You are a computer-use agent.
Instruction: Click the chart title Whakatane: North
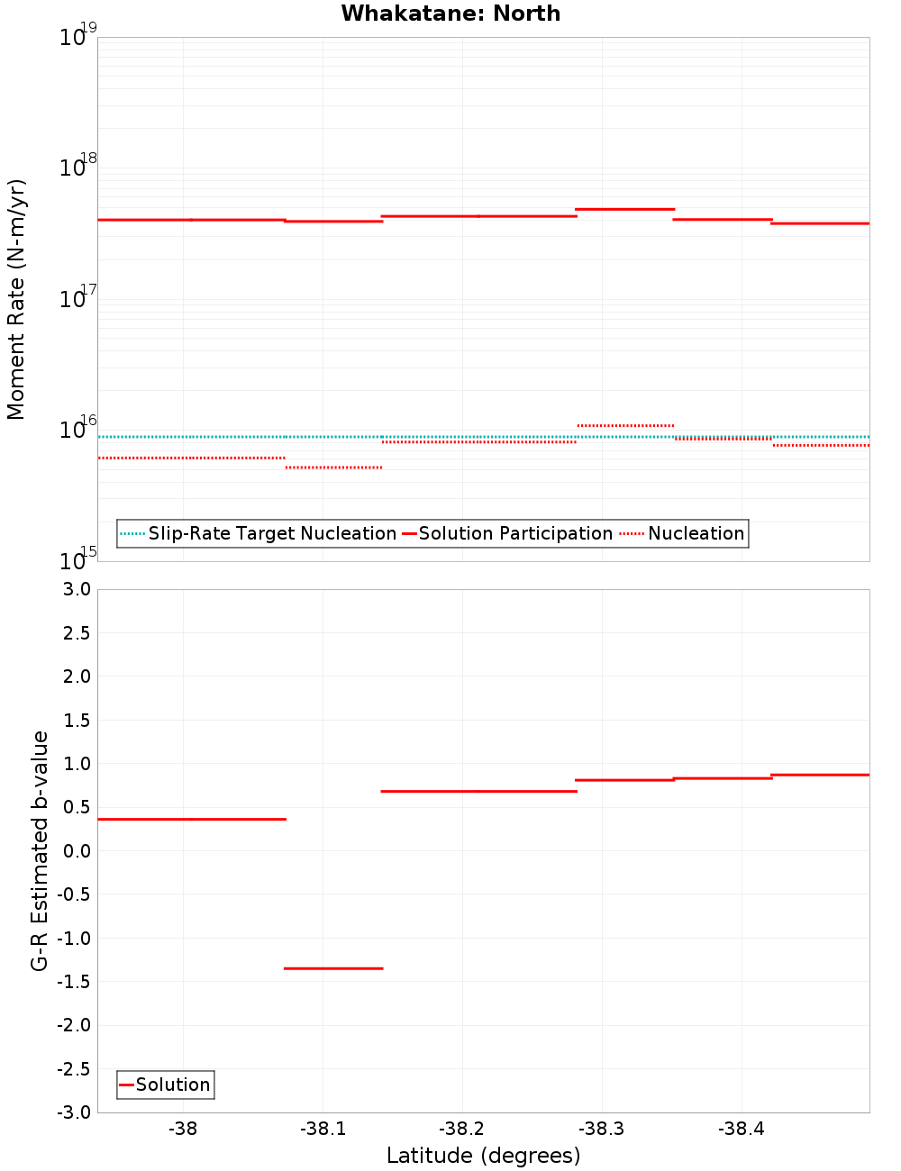(x=450, y=14)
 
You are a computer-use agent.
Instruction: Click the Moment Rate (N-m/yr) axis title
(x=16, y=299)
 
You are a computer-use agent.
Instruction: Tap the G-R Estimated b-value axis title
(x=40, y=850)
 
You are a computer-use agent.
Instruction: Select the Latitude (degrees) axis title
(x=483, y=1156)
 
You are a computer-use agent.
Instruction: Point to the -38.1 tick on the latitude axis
(x=322, y=1129)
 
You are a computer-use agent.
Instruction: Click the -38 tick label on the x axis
(x=183, y=1129)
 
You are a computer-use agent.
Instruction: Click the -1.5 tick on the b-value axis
(x=76, y=981)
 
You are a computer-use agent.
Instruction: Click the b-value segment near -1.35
(x=333, y=968)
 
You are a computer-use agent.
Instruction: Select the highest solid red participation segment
(x=624, y=209)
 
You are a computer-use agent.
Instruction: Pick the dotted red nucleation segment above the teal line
(x=624, y=425)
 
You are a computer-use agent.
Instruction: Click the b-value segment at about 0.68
(x=478, y=791)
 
